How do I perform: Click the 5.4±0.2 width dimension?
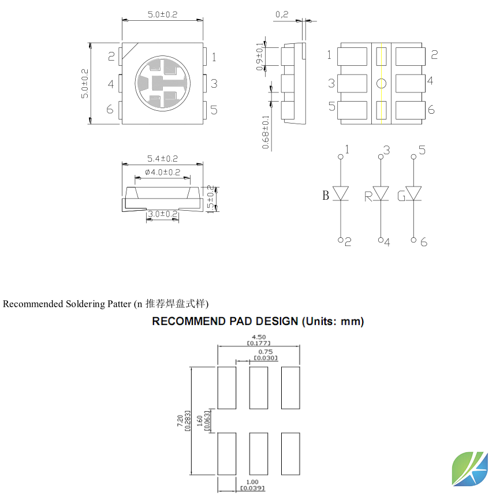pyautogui.click(x=163, y=158)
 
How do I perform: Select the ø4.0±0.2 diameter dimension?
pyautogui.click(x=163, y=173)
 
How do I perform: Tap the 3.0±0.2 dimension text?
pyautogui.click(x=163, y=214)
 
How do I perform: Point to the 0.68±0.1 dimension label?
pyautogui.click(x=266, y=132)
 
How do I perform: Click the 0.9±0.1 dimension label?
pyautogui.click(x=259, y=57)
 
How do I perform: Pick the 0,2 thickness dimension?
pyautogui.click(x=282, y=14)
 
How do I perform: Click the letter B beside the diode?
pyautogui.click(x=326, y=196)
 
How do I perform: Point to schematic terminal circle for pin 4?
pyautogui.click(x=381, y=240)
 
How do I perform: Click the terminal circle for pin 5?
pyautogui.click(x=413, y=156)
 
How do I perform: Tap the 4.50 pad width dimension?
pyautogui.click(x=259, y=340)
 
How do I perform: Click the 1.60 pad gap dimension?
pyautogui.click(x=203, y=421)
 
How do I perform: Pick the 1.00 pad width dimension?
pyautogui.click(x=252, y=485)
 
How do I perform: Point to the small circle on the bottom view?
pyautogui.click(x=381, y=84)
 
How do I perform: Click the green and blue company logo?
pyautogui.click(x=470, y=469)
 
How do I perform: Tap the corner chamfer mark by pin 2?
pyautogui.click(x=130, y=51)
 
